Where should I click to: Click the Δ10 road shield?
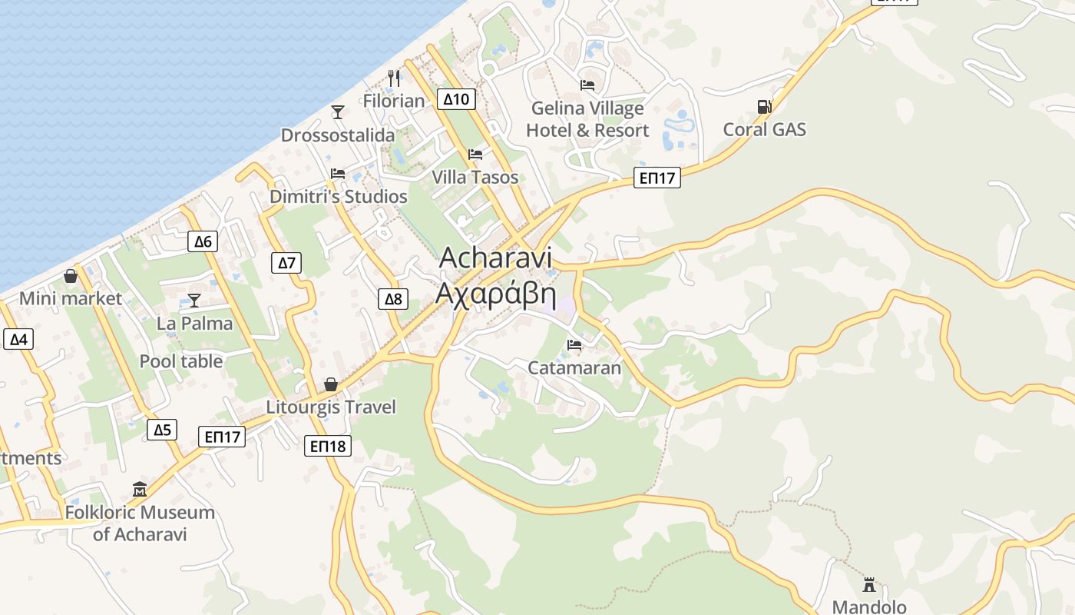pyautogui.click(x=456, y=99)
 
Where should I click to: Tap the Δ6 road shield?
pyautogui.click(x=203, y=241)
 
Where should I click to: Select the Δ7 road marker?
pyautogui.click(x=286, y=263)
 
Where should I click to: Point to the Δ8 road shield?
pyautogui.click(x=392, y=299)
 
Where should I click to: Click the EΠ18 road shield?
pyautogui.click(x=328, y=446)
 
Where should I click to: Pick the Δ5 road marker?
pyautogui.click(x=162, y=430)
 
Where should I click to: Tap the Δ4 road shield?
pyautogui.click(x=18, y=339)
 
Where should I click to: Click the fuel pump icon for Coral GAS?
pyautogui.click(x=764, y=107)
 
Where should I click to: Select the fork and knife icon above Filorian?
pyautogui.click(x=394, y=78)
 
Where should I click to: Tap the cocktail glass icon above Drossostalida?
pyautogui.click(x=338, y=112)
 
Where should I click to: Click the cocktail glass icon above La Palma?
pyautogui.click(x=194, y=301)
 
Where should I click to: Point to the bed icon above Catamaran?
pyautogui.click(x=574, y=345)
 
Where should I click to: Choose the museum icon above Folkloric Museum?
pyautogui.click(x=140, y=489)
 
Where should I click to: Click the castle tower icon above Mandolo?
pyautogui.click(x=869, y=584)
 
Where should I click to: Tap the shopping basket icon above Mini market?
pyautogui.click(x=71, y=276)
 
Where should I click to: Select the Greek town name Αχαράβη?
pyautogui.click(x=496, y=294)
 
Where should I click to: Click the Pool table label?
pyautogui.click(x=181, y=361)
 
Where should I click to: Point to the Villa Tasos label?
pyautogui.click(x=475, y=178)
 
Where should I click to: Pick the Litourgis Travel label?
pyautogui.click(x=331, y=407)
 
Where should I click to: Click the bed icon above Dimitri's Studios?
pyautogui.click(x=338, y=174)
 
